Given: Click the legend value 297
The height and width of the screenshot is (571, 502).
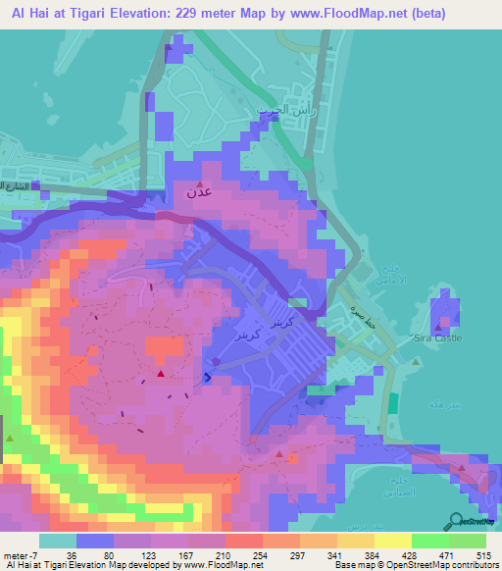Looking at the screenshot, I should click(x=292, y=555).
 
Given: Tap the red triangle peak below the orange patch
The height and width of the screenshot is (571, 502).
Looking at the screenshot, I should click(x=160, y=373).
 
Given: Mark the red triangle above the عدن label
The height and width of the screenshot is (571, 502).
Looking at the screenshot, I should click(x=201, y=183).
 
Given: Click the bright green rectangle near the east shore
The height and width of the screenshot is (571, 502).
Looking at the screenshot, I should click(x=392, y=402).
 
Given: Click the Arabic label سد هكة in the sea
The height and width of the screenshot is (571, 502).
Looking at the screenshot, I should click(x=436, y=403).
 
